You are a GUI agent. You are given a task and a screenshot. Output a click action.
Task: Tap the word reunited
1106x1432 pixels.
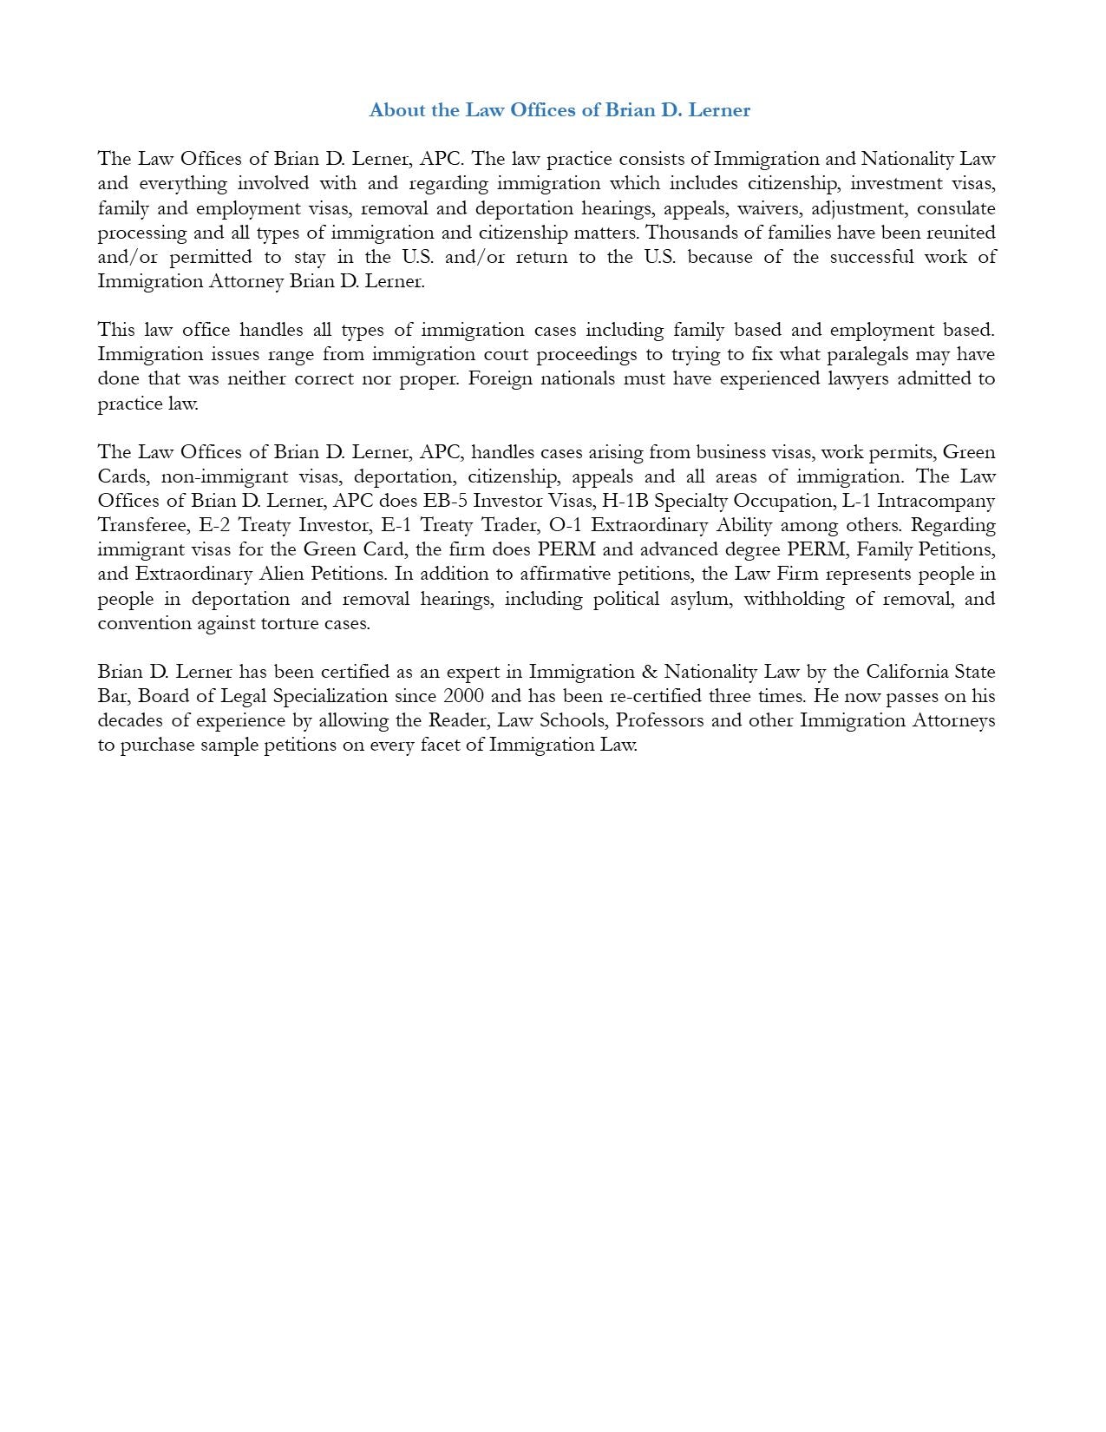click(x=960, y=233)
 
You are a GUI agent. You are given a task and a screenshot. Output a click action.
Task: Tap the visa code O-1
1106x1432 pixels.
click(x=565, y=525)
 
